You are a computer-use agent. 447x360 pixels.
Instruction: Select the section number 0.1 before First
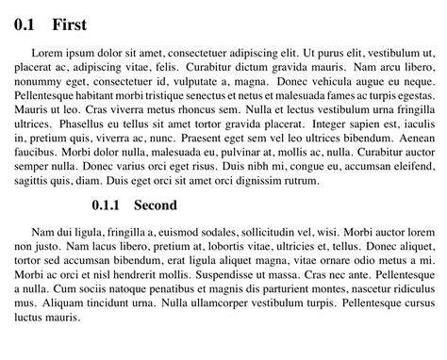pos(25,25)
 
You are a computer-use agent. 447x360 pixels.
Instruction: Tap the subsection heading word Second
pos(156,205)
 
